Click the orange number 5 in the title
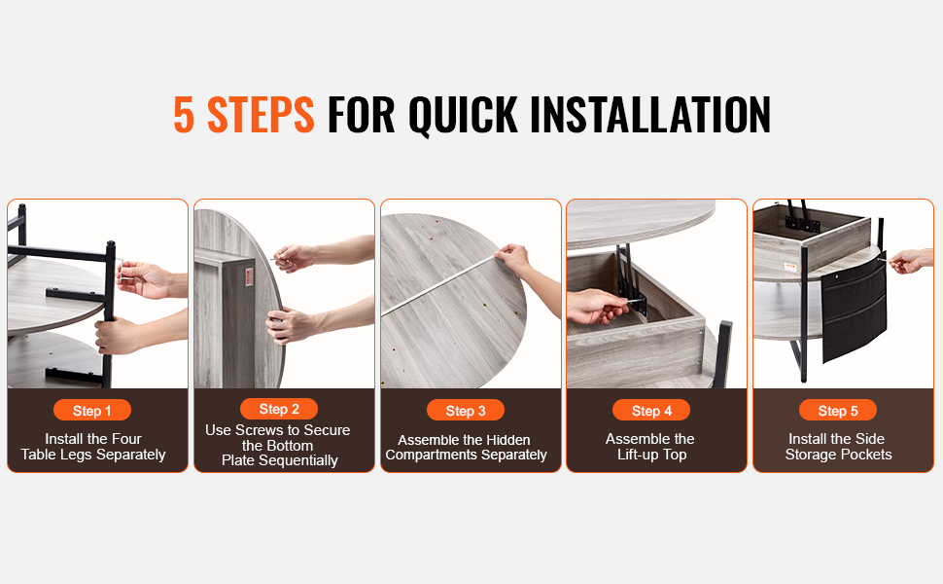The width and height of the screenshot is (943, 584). [184, 114]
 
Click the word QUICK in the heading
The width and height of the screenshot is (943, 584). [463, 115]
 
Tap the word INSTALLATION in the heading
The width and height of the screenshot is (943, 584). [650, 114]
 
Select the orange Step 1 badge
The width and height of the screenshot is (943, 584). [92, 411]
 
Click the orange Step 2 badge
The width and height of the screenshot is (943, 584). [279, 409]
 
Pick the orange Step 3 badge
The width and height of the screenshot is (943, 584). [466, 411]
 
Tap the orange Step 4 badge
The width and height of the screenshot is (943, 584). [651, 411]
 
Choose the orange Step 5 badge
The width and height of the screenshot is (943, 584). [838, 411]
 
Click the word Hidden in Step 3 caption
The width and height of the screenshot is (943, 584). [508, 440]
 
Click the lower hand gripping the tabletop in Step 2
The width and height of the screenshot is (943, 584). [289, 324]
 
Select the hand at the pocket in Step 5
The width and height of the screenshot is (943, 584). [909, 261]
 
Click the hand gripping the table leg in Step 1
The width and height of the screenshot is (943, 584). [118, 336]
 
